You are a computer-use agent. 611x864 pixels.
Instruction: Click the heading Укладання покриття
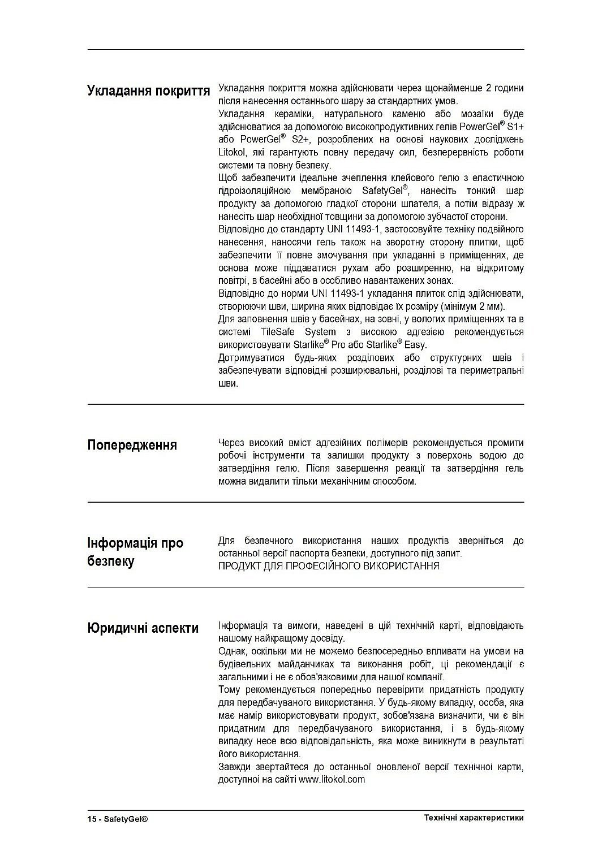(148, 90)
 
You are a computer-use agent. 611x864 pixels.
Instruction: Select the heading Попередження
(132, 445)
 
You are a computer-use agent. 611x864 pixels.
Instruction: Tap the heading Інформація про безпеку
(135, 552)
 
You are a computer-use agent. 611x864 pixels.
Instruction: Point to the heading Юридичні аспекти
(143, 628)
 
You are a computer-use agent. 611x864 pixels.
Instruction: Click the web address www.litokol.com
(332, 779)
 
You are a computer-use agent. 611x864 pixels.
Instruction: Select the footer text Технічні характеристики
(474, 818)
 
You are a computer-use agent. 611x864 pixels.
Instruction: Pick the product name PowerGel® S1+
(492, 126)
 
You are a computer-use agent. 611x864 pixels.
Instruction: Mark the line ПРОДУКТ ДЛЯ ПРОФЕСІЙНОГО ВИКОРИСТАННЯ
(329, 566)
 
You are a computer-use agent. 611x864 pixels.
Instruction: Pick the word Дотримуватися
(252, 358)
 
